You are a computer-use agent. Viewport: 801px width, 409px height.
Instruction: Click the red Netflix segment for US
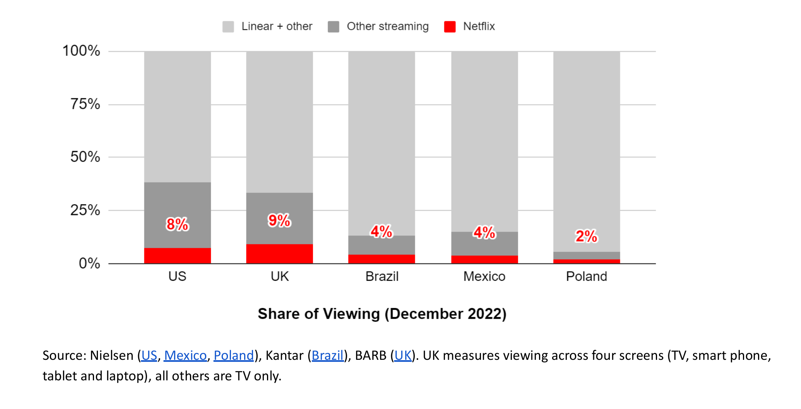pos(177,256)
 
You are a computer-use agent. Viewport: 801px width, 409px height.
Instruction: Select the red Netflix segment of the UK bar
pos(279,254)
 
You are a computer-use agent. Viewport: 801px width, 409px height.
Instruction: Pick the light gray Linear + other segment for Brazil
pos(382,143)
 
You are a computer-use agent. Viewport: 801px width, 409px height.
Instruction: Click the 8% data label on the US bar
pos(177,224)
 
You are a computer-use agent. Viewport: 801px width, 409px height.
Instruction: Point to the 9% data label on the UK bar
pos(279,220)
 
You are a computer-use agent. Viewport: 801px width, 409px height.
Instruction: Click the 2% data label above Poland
pos(586,236)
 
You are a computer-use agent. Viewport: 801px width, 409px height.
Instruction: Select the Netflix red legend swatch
pos(450,27)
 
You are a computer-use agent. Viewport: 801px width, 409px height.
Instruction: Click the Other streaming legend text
pos(387,26)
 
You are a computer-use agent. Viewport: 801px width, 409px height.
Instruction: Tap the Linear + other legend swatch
pos(228,27)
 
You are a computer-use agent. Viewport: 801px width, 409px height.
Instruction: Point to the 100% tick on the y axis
pos(81,51)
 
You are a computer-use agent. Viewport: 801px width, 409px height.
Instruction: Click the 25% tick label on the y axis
pos(85,210)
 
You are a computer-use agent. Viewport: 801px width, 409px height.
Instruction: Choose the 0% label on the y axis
pos(89,263)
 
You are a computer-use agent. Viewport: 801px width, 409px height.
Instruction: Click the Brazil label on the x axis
pos(382,276)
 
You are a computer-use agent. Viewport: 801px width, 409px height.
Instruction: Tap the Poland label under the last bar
pos(586,276)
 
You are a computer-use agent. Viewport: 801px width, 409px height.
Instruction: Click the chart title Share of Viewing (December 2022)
pos(382,314)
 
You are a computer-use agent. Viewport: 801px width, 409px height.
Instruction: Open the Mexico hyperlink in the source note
pos(185,355)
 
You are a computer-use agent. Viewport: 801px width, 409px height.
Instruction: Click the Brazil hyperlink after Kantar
pos(327,355)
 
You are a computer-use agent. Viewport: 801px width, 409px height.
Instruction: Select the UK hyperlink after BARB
pos(403,355)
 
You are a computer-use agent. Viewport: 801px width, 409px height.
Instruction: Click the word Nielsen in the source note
pos(111,355)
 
